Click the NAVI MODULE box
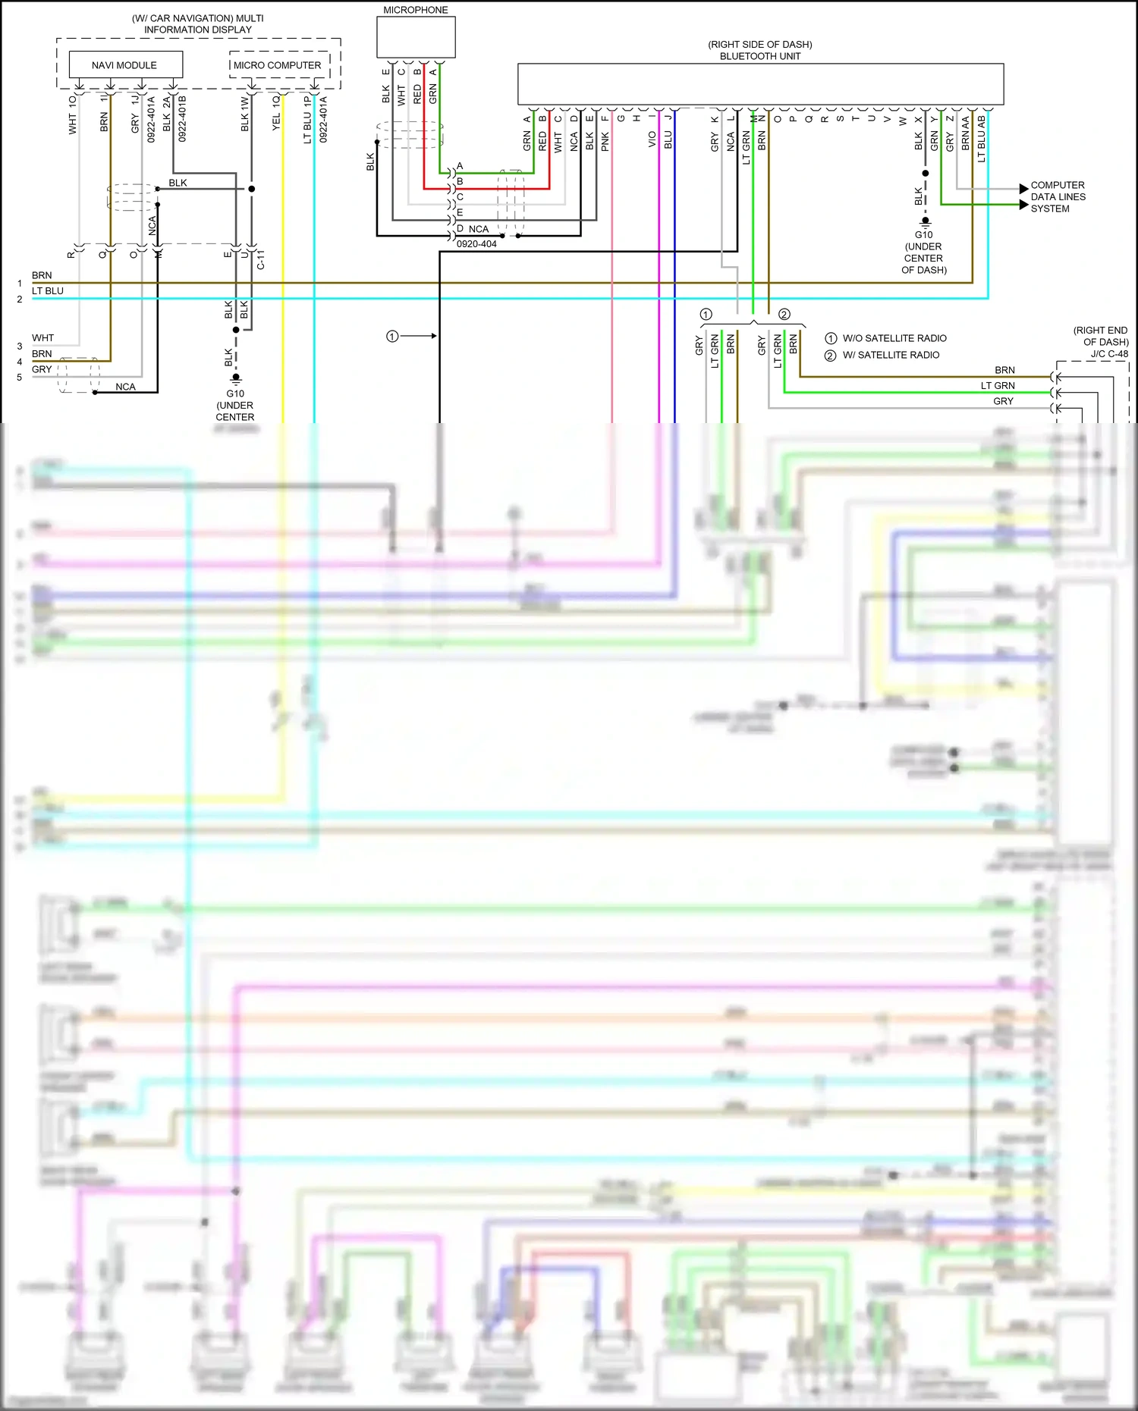[x=125, y=64]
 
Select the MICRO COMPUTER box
[x=278, y=65]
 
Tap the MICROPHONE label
[x=415, y=10]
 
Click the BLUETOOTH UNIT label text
[x=759, y=56]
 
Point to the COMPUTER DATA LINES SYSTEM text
[x=1058, y=196]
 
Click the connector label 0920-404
[x=476, y=244]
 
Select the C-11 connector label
[x=261, y=260]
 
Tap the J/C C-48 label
[x=1109, y=353]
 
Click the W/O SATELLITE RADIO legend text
[x=894, y=338]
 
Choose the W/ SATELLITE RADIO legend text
[x=891, y=355]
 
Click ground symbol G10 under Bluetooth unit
[x=925, y=223]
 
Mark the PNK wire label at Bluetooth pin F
[x=605, y=141]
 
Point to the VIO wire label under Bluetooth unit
[x=652, y=140]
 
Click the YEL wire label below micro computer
[x=276, y=121]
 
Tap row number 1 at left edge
[x=20, y=284]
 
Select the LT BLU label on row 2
[x=48, y=291]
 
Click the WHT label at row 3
[x=42, y=338]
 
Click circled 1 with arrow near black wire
[x=392, y=336]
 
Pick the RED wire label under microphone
[x=417, y=94]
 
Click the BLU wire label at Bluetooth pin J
[x=668, y=140]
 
